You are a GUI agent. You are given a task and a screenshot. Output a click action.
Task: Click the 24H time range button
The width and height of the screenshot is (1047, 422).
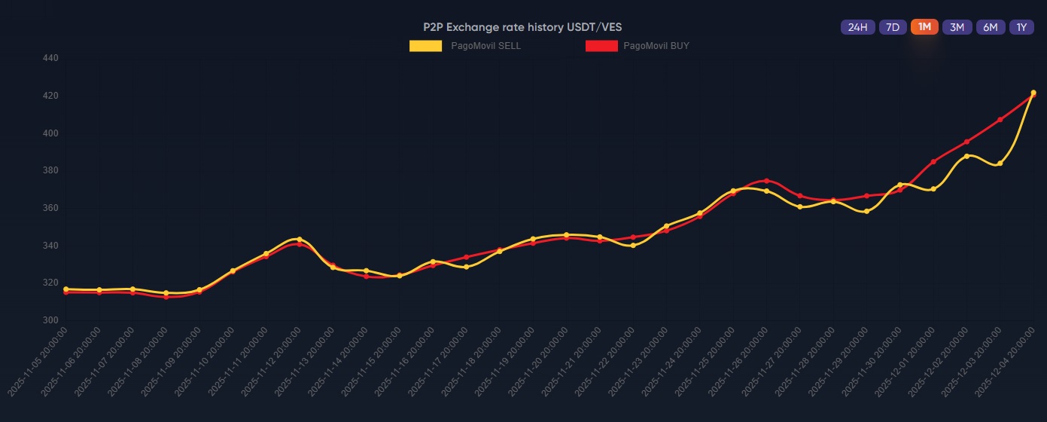pos(857,27)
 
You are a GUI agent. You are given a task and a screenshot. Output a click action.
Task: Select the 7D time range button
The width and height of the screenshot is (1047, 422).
pos(893,27)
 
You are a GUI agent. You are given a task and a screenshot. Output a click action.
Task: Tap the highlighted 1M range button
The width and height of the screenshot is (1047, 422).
pos(924,27)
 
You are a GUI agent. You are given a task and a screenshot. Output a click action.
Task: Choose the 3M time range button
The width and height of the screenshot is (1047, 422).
pos(957,27)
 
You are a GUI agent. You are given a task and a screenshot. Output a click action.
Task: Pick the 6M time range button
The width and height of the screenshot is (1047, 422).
pos(991,27)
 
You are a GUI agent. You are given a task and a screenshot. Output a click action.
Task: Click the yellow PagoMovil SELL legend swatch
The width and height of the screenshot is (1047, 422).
pos(425,46)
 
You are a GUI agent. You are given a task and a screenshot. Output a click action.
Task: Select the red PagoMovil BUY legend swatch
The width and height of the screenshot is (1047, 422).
pos(601,46)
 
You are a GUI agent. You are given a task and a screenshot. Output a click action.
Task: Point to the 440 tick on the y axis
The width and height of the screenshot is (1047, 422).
pos(51,58)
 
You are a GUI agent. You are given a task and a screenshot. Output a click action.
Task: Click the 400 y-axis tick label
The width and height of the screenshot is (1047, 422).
pos(51,133)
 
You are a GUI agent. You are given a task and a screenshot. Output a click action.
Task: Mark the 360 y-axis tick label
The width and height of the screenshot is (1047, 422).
pos(51,208)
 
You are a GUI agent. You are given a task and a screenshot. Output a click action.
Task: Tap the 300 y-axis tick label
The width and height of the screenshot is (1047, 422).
pos(51,320)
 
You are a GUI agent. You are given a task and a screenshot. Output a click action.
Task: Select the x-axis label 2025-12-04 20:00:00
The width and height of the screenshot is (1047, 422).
pos(1005,362)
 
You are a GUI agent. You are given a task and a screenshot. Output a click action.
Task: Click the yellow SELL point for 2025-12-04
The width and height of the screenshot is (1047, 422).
pos(1033,93)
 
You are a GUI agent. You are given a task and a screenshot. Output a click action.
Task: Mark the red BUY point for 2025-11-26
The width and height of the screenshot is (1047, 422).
pos(766,181)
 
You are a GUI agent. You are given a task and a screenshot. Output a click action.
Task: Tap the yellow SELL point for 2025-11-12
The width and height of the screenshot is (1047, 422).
pos(300,240)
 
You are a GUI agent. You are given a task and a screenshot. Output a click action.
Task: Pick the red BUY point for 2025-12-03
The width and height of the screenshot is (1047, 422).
pos(1000,120)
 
